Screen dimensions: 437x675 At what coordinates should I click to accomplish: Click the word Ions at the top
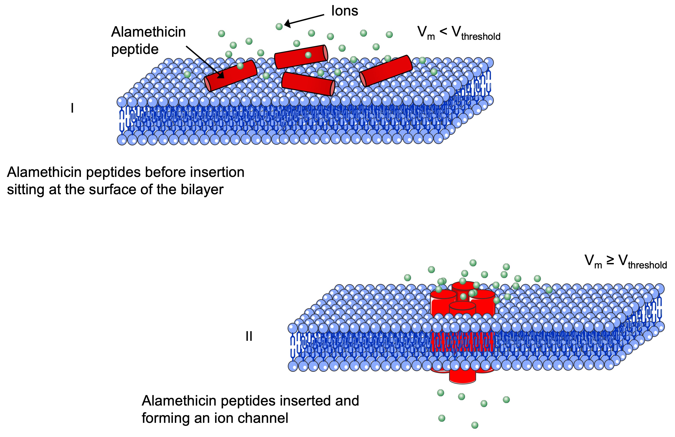344,11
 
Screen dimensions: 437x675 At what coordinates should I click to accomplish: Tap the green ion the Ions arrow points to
279,27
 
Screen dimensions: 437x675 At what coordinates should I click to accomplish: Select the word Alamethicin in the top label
148,32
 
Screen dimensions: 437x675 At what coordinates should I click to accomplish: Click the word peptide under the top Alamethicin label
135,49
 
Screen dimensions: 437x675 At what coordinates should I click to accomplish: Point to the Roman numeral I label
72,108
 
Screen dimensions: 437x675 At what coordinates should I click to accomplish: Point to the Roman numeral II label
249,337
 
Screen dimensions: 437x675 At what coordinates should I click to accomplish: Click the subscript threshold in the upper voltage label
481,37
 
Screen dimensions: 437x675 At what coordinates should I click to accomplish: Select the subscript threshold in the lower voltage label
648,265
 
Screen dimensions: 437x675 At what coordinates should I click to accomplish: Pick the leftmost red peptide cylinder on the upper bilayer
230,75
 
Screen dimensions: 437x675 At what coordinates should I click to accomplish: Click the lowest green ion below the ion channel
475,425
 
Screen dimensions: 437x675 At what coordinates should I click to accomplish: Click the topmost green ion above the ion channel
473,263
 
